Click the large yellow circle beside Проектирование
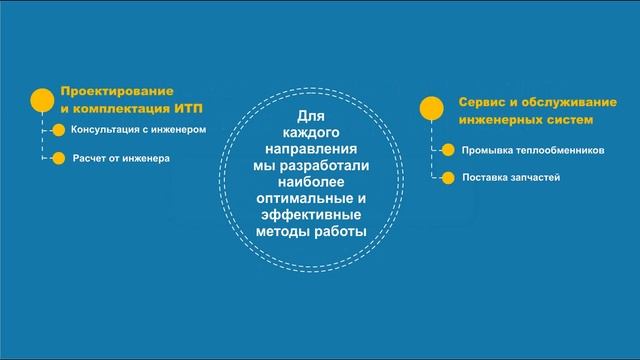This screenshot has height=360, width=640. pos(42,99)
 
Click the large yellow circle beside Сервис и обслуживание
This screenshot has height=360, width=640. pos(432,108)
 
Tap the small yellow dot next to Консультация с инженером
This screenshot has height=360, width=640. pos(59,130)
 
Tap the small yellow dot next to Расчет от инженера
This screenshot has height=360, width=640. pos(59,158)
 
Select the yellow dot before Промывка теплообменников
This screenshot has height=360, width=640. pos(448,151)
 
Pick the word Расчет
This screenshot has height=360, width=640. pos(91,158)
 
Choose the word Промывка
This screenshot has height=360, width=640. pos(487,151)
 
